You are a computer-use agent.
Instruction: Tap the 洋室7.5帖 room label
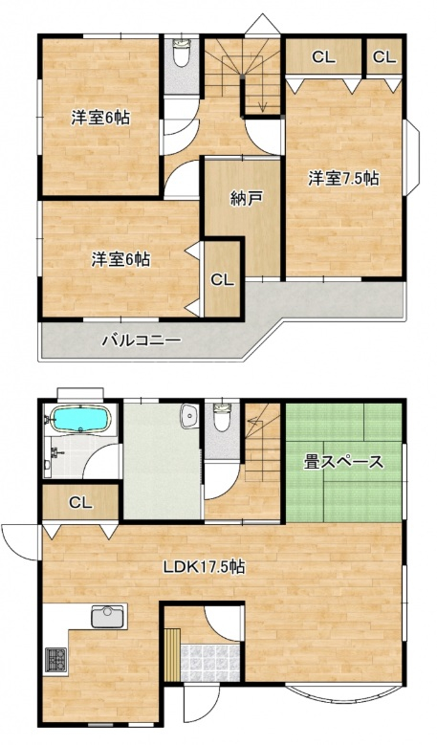tap(343, 178)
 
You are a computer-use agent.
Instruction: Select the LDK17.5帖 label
tap(204, 566)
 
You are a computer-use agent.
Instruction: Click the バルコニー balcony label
tap(142, 340)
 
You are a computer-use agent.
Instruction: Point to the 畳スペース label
tap(343, 462)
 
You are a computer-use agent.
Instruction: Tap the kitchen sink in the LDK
tap(108, 617)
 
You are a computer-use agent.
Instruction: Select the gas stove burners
tap(55, 661)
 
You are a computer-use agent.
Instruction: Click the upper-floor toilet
tap(181, 54)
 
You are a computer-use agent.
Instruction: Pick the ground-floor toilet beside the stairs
tap(222, 417)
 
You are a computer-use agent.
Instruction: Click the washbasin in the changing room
tap(190, 417)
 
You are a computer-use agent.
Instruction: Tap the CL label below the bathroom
tap(80, 502)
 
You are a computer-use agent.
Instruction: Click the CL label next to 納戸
tap(222, 280)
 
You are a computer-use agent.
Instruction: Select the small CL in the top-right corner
tap(383, 57)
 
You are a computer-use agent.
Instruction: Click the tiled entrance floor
tap(209, 663)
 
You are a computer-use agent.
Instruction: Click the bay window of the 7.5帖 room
tap(412, 158)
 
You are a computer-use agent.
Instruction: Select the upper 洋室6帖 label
tap(100, 118)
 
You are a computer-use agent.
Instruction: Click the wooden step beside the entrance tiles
tap(173, 655)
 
